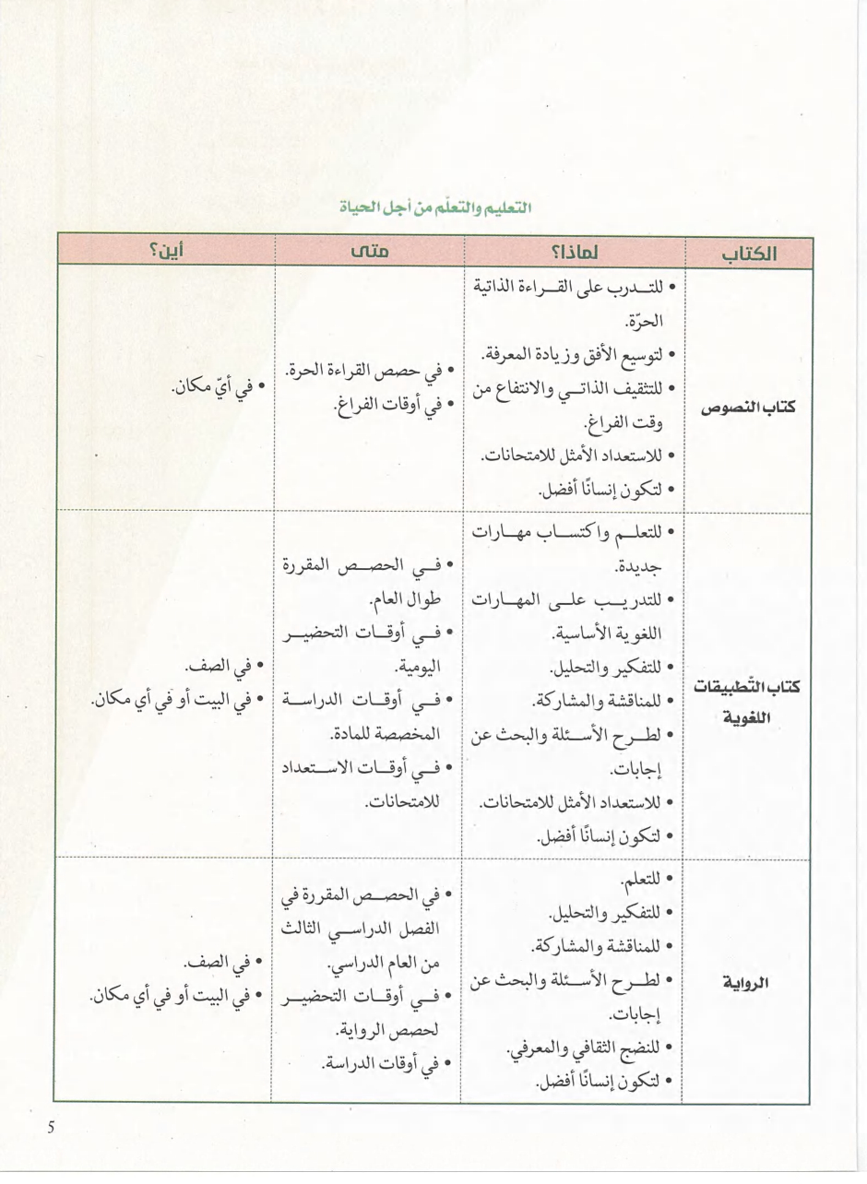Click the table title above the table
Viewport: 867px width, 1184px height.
434,207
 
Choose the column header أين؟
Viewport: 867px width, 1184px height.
165,252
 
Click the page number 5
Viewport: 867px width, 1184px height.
52,1127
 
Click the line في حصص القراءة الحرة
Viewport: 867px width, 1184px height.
366,373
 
